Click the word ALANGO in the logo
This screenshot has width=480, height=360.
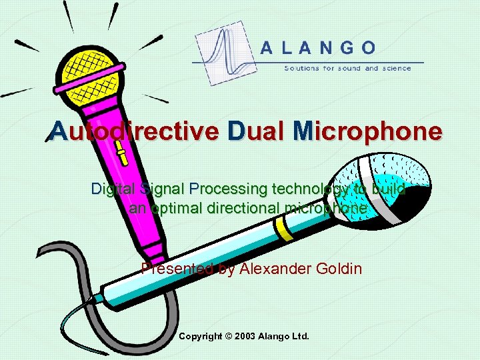click(x=317, y=47)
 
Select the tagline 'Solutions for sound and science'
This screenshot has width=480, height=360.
click(x=347, y=68)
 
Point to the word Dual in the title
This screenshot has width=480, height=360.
click(x=255, y=131)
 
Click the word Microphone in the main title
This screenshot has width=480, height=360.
click(x=366, y=131)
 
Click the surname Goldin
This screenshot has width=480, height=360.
click(x=337, y=269)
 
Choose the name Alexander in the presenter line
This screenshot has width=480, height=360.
click(x=274, y=269)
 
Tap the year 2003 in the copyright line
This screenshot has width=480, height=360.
click(x=244, y=337)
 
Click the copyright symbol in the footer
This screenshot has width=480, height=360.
click(x=227, y=337)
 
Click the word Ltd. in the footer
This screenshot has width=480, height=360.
click(x=301, y=337)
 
